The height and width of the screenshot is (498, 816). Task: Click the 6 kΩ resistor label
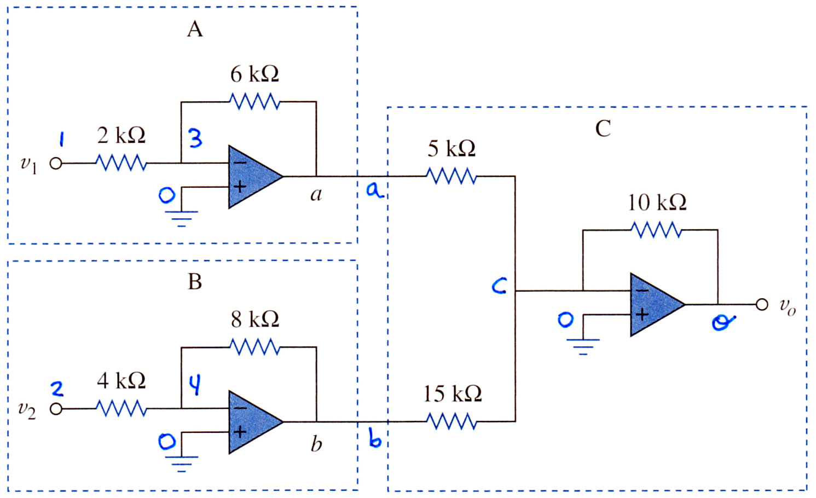pyautogui.click(x=254, y=74)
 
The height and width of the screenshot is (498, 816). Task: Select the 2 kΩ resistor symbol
pyautogui.click(x=121, y=163)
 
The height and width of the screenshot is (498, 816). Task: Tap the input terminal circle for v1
pyautogui.click(x=56, y=164)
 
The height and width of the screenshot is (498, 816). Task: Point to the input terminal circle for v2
pyautogui.click(x=56, y=409)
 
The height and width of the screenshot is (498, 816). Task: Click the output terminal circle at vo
pyautogui.click(x=762, y=304)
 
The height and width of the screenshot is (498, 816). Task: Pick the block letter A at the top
pyautogui.click(x=195, y=29)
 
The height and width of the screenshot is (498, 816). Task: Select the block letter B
pyautogui.click(x=195, y=282)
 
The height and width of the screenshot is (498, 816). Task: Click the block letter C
pyautogui.click(x=603, y=129)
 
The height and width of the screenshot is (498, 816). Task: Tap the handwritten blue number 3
pyautogui.click(x=195, y=138)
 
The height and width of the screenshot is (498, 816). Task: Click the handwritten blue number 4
pyautogui.click(x=195, y=385)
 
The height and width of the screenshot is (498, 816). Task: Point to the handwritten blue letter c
pyautogui.click(x=499, y=286)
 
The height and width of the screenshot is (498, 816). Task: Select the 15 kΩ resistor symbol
pyautogui.click(x=452, y=421)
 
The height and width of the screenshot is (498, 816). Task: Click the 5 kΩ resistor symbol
pyautogui.click(x=452, y=176)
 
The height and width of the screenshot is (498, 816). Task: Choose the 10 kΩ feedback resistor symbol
pyautogui.click(x=656, y=230)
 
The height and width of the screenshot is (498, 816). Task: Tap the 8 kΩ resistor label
pyautogui.click(x=255, y=320)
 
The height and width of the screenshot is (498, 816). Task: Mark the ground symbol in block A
pyautogui.click(x=181, y=218)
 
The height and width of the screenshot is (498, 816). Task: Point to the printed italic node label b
pyautogui.click(x=316, y=444)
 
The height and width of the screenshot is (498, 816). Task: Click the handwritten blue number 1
pyautogui.click(x=62, y=139)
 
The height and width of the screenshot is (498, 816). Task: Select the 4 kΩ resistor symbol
pyautogui.click(x=121, y=408)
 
